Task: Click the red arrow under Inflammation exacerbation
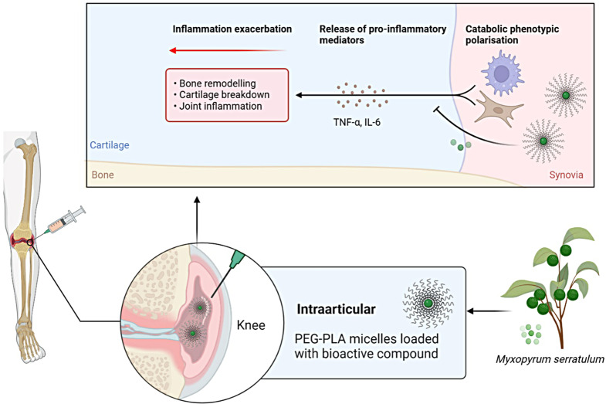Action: pos(228,50)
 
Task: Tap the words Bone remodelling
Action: pos(218,83)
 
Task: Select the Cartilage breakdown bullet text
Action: pos(224,95)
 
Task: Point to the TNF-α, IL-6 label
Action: pos(357,123)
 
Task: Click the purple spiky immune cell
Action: pos(502,73)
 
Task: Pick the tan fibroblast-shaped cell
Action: pos(499,109)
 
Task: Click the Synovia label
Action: pos(566,175)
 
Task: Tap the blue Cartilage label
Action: pos(110,145)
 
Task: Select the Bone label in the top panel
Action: pos(103,175)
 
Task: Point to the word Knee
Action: pos(251,325)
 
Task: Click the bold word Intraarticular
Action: pos(337,309)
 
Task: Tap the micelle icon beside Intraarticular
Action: pos(428,304)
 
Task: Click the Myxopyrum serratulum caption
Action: pos(550,359)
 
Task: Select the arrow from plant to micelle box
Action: pos(488,311)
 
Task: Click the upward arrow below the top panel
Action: pos(197,219)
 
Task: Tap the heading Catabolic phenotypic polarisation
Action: pos(512,35)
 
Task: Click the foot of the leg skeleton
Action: pos(30,341)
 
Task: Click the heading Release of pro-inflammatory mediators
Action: pos(383,35)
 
